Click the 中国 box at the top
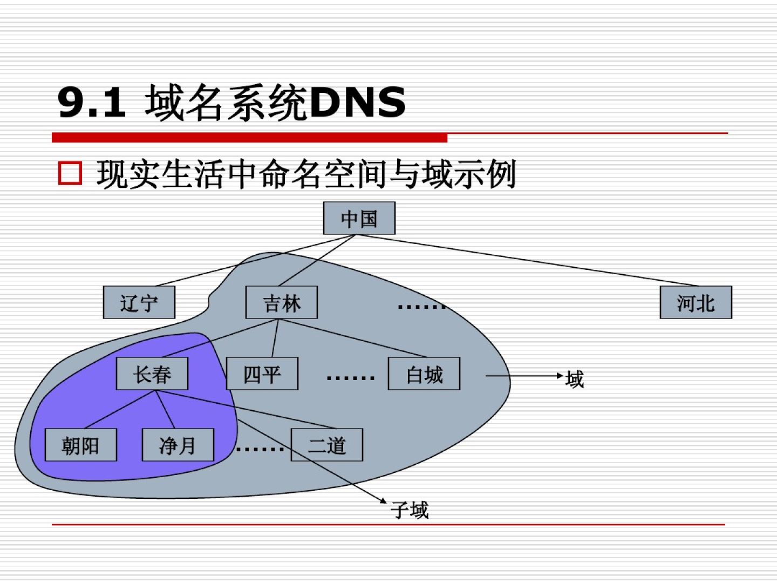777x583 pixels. pyautogui.click(x=359, y=218)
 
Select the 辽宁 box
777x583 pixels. pyautogui.click(x=139, y=302)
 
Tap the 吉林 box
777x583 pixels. pyautogui.click(x=281, y=302)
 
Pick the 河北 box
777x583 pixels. pyautogui.click(x=696, y=302)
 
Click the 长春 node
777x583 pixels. pyautogui.click(x=152, y=374)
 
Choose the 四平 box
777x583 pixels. pyautogui.click(x=262, y=374)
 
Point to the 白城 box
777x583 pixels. pyautogui.click(x=424, y=374)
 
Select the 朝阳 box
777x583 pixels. pyautogui.click(x=80, y=445)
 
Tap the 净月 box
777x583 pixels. pyautogui.click(x=178, y=445)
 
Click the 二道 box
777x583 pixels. pyautogui.click(x=326, y=445)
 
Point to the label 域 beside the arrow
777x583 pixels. pyautogui.click(x=575, y=379)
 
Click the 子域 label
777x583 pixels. pyautogui.click(x=410, y=510)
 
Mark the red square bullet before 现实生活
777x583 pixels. pyautogui.click(x=70, y=174)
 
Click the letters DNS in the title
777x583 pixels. pyautogui.click(x=357, y=102)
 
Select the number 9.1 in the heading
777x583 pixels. pyautogui.click(x=92, y=102)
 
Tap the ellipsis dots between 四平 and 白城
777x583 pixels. pyautogui.click(x=350, y=378)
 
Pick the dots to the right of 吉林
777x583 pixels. pyautogui.click(x=421, y=307)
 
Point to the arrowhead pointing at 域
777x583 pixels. pyautogui.click(x=561, y=376)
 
